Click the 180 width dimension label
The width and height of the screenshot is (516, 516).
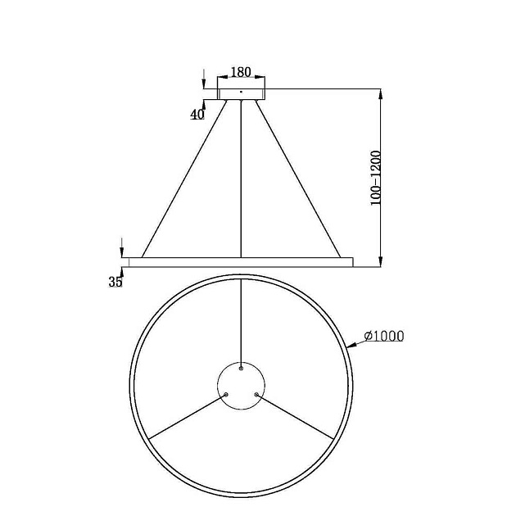pos(242,73)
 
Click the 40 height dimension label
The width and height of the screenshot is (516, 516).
pos(197,115)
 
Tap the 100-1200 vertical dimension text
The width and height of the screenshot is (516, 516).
pos(376,177)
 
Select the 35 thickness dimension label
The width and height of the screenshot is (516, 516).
pos(115,282)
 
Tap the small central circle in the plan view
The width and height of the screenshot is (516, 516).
pos(241,386)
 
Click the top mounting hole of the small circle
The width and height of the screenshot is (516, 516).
pos(241,369)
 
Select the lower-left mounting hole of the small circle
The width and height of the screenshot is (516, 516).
pos(226,395)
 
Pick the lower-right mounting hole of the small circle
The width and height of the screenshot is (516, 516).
pos(256,395)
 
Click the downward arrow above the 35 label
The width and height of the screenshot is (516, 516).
pos(122,250)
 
